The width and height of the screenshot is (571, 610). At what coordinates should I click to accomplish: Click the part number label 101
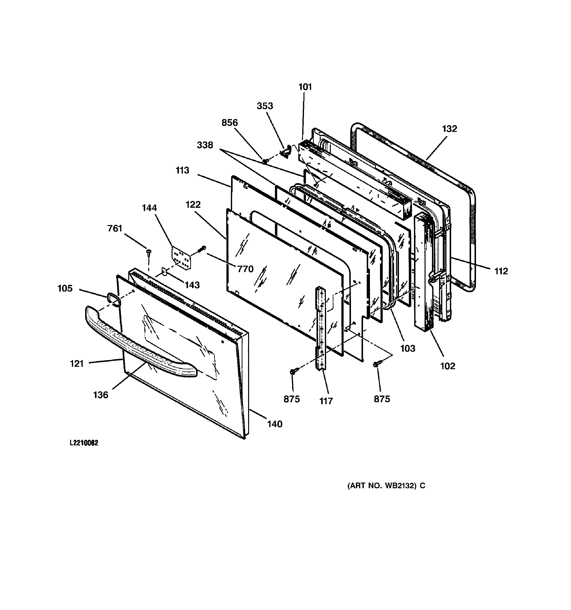click(305, 87)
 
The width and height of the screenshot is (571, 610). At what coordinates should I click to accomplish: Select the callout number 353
click(265, 106)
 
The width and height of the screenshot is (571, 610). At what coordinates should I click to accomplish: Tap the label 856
click(230, 123)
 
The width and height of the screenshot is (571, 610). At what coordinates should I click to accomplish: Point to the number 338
click(205, 145)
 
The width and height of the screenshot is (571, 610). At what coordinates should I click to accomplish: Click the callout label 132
click(449, 129)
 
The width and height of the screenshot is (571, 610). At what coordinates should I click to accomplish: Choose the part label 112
click(501, 271)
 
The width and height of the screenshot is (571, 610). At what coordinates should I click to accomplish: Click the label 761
click(115, 229)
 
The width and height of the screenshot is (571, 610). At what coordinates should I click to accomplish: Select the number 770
click(245, 269)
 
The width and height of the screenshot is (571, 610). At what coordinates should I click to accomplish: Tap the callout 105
click(65, 288)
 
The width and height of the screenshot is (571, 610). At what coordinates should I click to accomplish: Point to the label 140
click(274, 424)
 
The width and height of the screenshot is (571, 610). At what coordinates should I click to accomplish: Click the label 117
click(326, 401)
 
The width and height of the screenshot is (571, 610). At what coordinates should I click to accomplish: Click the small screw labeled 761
click(149, 252)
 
